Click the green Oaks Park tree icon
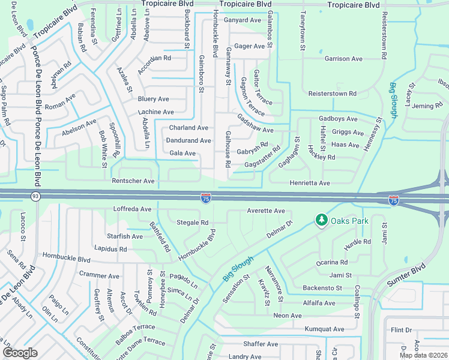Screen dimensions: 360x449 (322, 221)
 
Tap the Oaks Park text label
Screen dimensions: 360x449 (349, 221)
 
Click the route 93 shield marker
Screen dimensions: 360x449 (35, 196)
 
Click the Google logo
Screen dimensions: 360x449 (20, 352)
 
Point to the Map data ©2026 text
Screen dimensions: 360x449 (423, 355)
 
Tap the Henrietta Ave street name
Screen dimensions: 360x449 (310, 182)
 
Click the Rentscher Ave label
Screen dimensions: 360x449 (133, 181)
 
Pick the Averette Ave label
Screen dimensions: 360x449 (266, 211)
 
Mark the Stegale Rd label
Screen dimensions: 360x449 (192, 223)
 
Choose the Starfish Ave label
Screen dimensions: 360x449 (125, 236)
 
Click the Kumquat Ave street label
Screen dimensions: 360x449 (324, 329)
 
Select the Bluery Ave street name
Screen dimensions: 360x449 (154, 99)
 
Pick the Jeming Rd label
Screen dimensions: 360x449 (426, 106)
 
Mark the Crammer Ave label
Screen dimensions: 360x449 (100, 275)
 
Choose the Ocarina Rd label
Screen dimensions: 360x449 (333, 262)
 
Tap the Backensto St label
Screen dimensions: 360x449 (322, 288)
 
